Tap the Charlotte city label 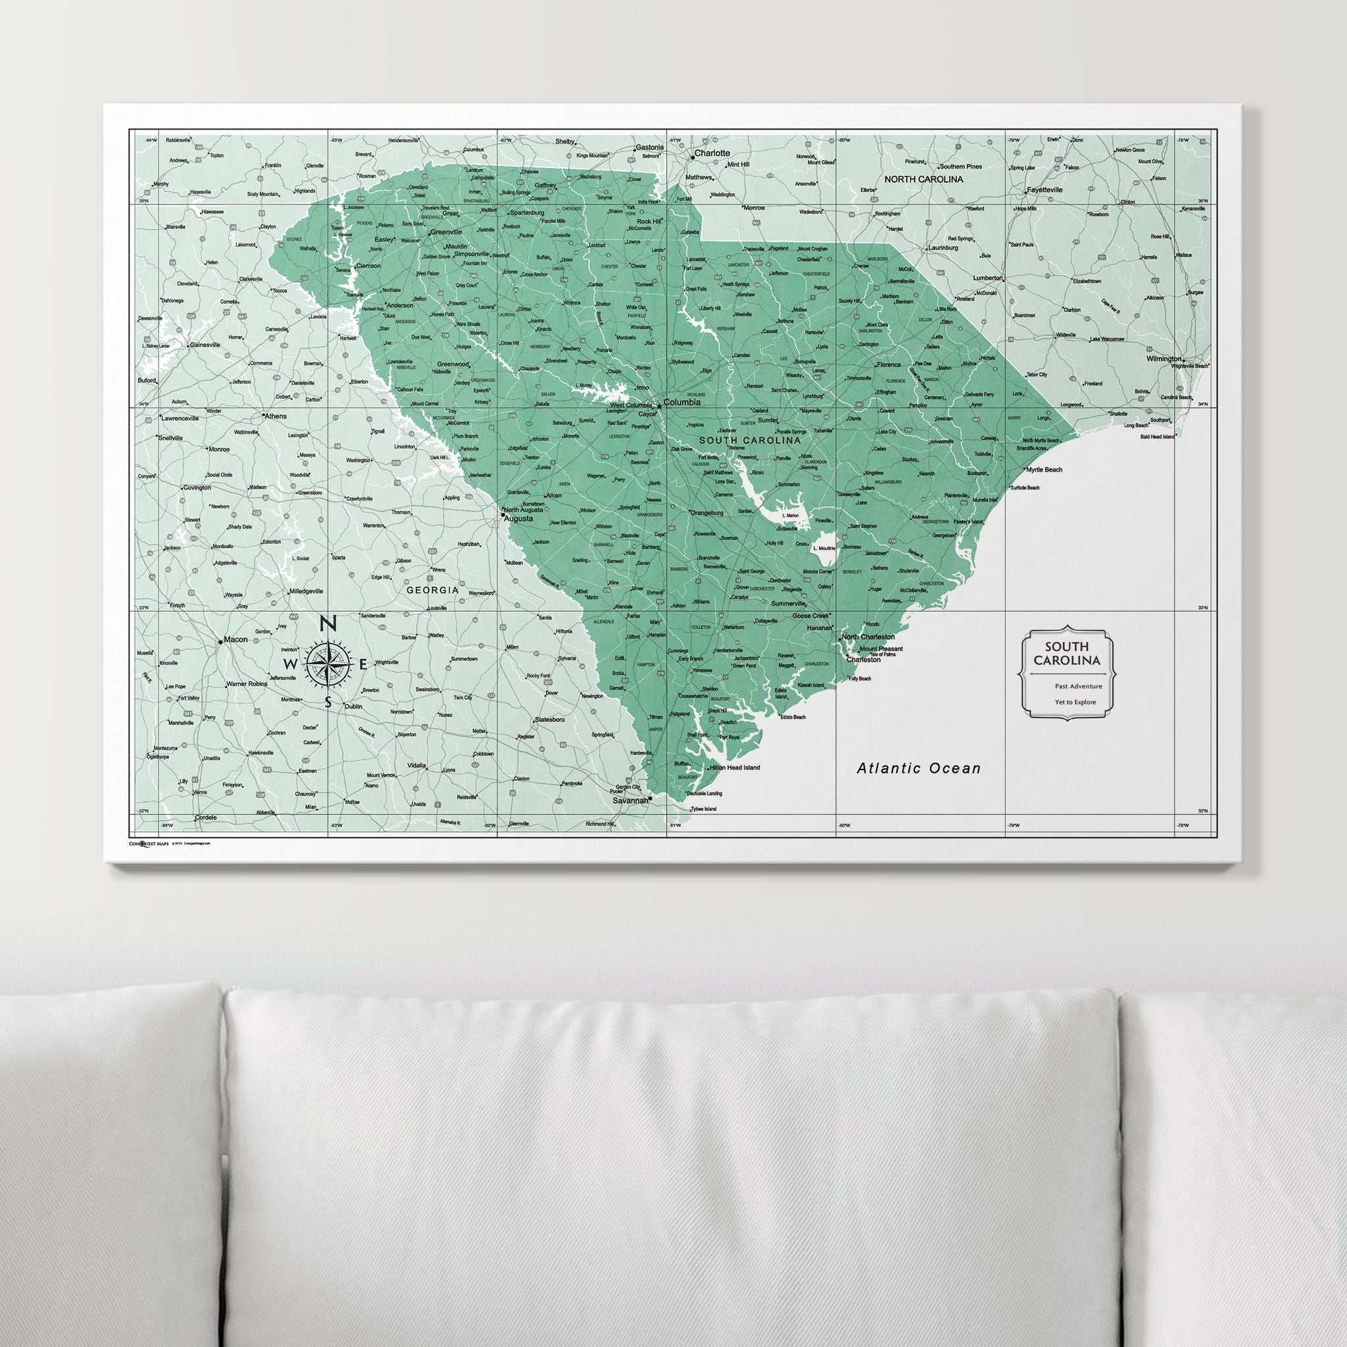[x=712, y=153]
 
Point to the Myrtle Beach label [x=1044, y=469]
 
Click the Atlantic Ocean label [x=918, y=768]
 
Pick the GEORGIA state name [x=433, y=590]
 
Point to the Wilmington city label [x=1163, y=358]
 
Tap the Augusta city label [x=519, y=519]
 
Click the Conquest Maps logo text [x=149, y=843]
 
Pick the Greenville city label [x=446, y=232]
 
